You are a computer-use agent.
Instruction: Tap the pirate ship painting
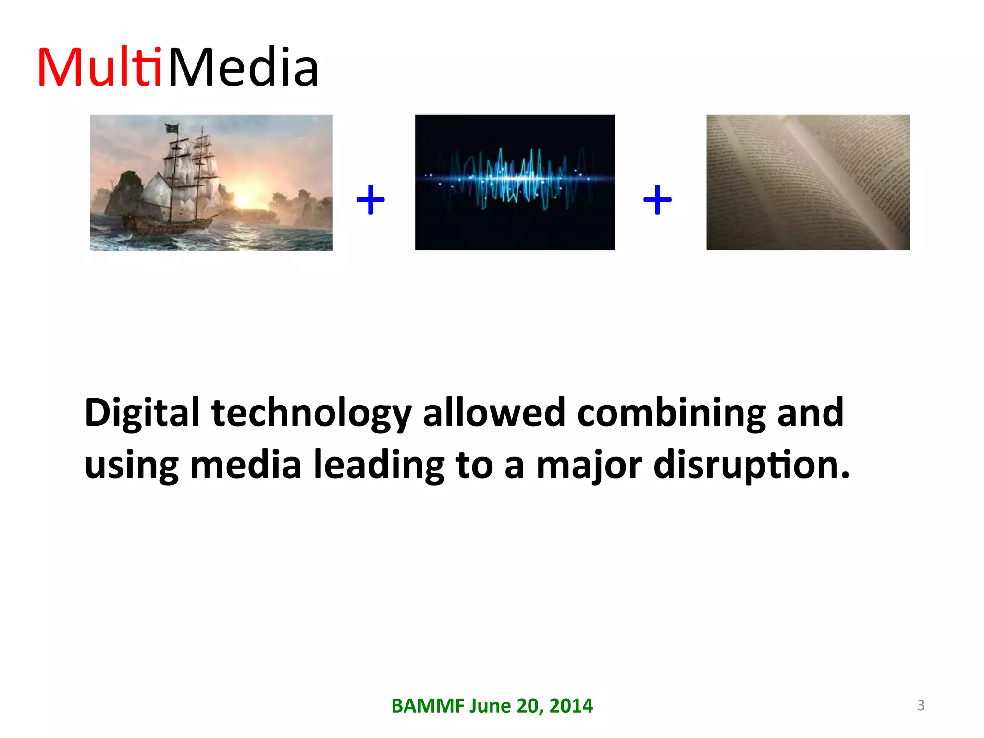point(211,183)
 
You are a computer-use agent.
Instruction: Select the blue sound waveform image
point(515,183)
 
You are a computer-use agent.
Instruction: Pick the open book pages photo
point(808,183)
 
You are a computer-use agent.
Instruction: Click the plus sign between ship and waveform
point(370,199)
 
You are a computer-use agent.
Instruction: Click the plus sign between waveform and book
point(657,199)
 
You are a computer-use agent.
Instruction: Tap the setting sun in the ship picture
point(242,201)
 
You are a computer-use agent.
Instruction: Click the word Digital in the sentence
point(142,413)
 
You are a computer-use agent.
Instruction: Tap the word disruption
point(751,465)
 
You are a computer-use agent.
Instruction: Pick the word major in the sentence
point(589,465)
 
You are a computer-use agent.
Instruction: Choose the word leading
point(379,465)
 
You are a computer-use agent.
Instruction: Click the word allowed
point(494,413)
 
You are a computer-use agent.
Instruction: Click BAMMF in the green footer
point(428,706)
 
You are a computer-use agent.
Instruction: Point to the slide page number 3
point(921,705)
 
